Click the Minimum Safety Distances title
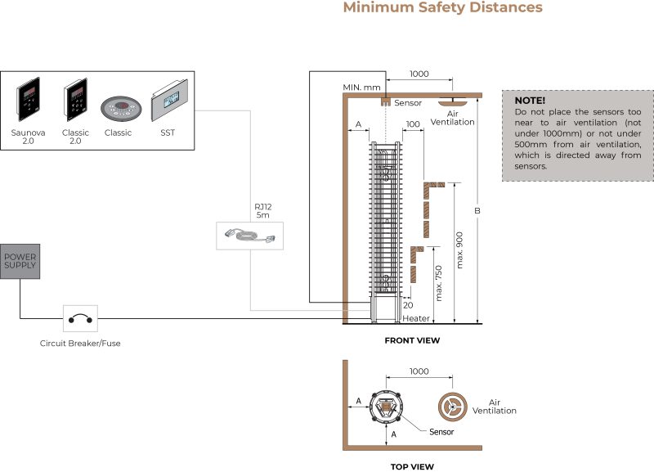[442, 8]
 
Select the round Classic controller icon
[119, 108]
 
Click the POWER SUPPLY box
[20, 262]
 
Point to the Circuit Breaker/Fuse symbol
[80, 318]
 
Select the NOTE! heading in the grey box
[530, 101]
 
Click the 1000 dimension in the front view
[419, 74]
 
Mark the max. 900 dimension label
[459, 244]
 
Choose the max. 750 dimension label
[438, 283]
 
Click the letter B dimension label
[478, 211]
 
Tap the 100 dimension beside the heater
[412, 124]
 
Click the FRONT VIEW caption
[412, 340]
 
